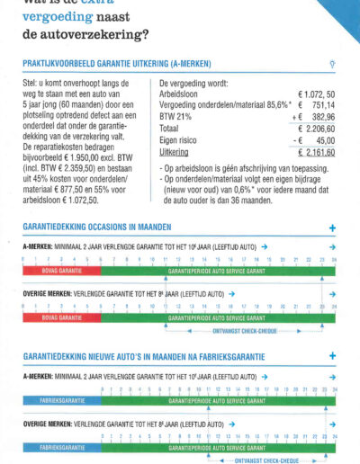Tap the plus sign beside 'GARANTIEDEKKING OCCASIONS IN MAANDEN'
point(332,228)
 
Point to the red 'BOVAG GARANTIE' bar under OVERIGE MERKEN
point(62,317)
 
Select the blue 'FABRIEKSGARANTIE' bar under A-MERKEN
point(62,397)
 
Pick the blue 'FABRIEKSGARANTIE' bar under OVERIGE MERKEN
point(62,446)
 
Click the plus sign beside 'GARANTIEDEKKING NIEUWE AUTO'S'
point(332,355)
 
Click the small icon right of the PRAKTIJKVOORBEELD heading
point(333,65)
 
